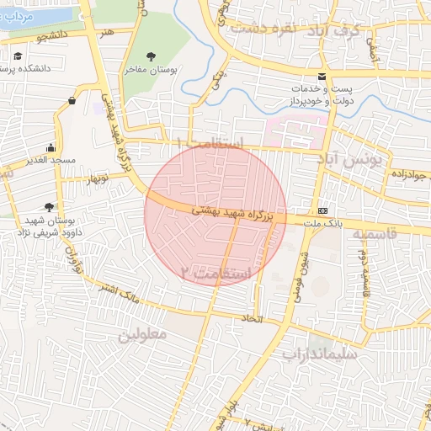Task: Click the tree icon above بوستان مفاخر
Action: [x=151, y=56]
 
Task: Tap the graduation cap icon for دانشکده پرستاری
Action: [x=18, y=56]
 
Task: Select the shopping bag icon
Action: [x=72, y=101]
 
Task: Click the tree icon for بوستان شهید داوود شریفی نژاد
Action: [x=50, y=206]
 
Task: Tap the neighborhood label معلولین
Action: [x=143, y=334]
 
